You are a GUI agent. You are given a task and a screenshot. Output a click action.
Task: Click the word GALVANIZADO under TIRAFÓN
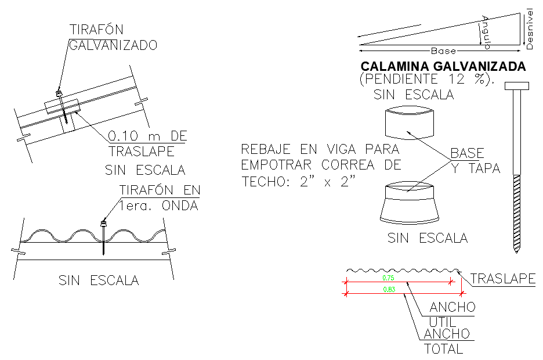113,45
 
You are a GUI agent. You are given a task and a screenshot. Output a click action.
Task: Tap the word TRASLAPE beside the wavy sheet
503,279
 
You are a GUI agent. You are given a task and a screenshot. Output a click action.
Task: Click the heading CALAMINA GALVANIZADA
443,67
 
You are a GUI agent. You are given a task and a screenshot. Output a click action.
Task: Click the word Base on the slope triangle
443,51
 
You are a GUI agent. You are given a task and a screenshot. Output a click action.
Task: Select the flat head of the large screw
517,86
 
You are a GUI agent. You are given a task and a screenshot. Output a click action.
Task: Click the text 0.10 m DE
147,136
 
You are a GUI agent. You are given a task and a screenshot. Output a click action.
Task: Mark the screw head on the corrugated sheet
104,222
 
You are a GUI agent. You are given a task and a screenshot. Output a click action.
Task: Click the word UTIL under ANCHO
443,321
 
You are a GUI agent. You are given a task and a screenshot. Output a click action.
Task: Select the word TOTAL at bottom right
443,349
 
